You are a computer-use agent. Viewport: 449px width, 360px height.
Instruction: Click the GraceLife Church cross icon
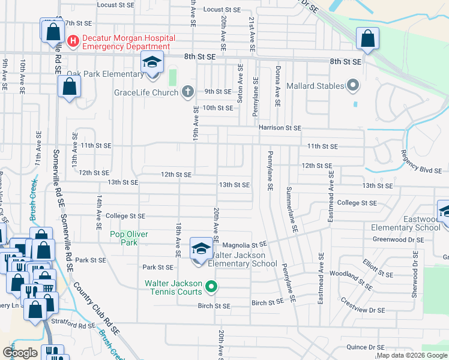[x=187, y=92]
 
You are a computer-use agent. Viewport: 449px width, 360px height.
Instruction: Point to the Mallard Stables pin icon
[x=353, y=86]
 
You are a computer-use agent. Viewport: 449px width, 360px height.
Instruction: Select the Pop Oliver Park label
[x=128, y=238]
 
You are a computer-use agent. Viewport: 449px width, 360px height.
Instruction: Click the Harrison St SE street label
[x=279, y=128]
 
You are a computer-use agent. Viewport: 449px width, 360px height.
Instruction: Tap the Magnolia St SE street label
[x=244, y=245]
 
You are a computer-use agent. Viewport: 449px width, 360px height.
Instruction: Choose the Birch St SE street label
[x=214, y=305]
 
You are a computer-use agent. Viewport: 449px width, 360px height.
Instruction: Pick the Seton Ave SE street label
[x=240, y=84]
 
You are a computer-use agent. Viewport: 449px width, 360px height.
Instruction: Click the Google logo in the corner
[x=20, y=353]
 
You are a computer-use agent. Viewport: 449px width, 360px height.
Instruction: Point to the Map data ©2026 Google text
[x=412, y=355]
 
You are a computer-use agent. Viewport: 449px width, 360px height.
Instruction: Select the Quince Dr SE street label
[x=366, y=347]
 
